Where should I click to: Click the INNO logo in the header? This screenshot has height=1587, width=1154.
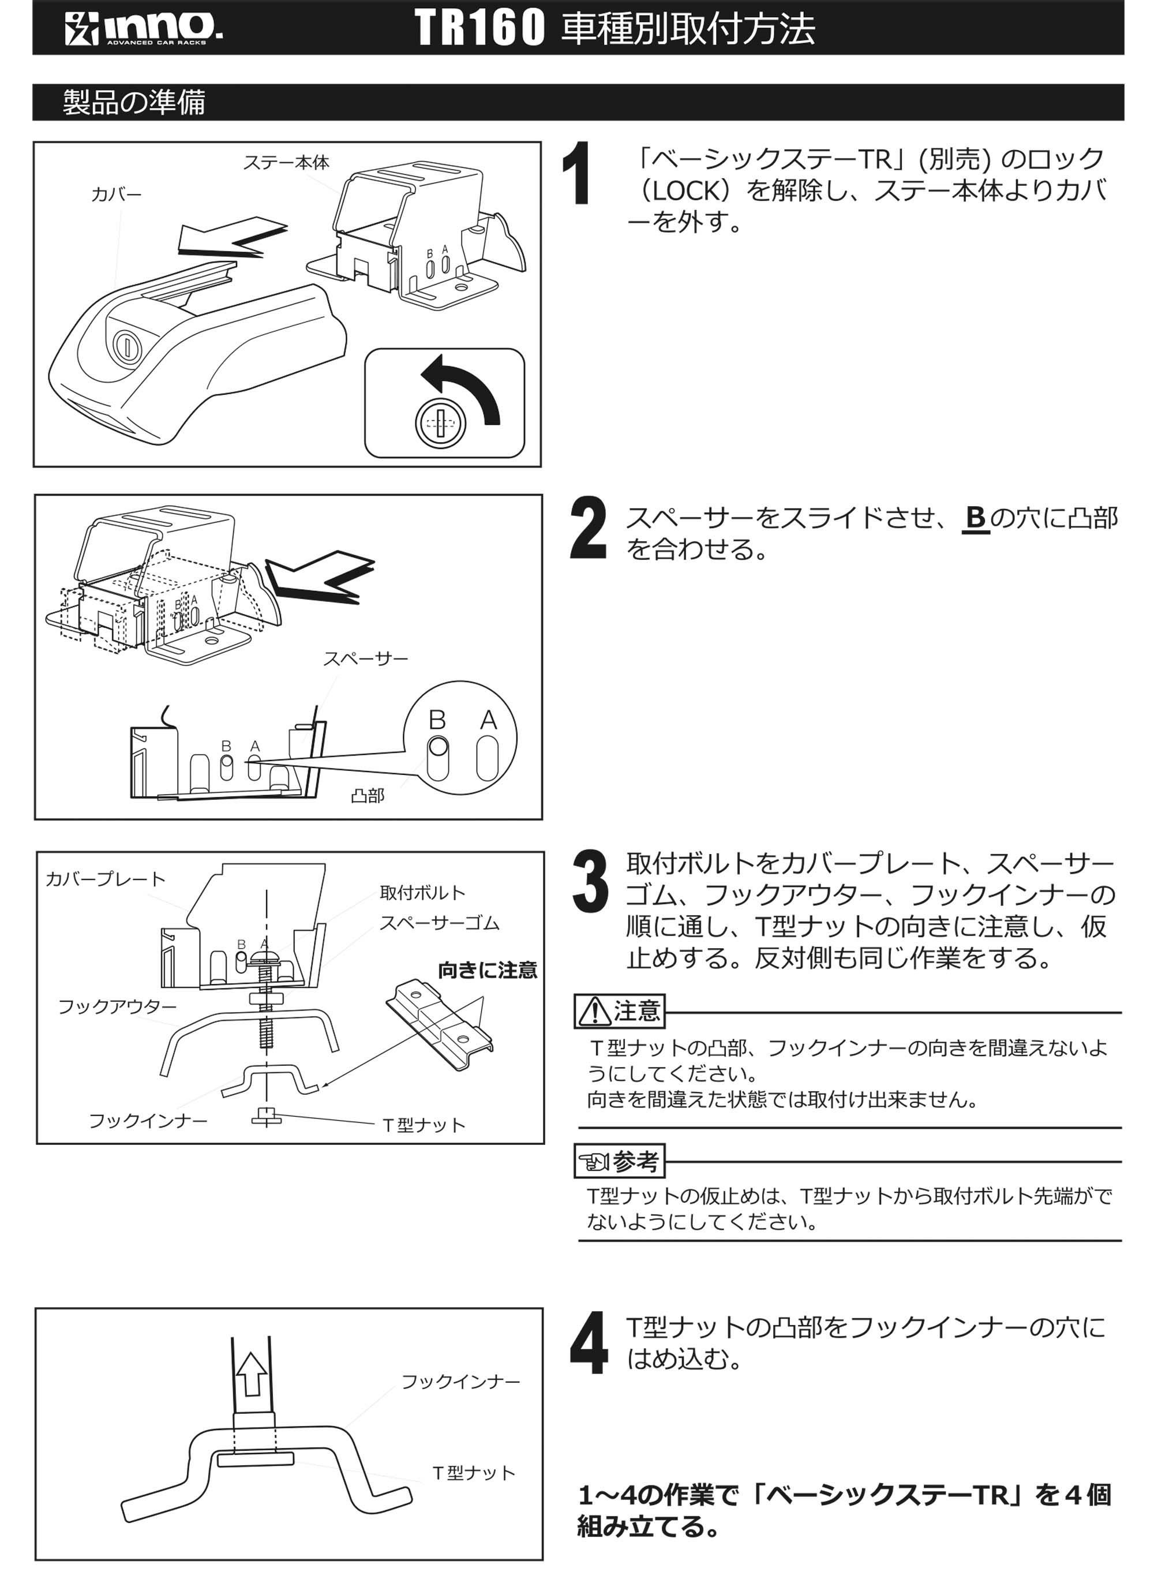point(144,28)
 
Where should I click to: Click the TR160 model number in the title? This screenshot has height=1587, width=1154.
point(479,28)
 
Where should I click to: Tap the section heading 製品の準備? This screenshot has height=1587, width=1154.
point(134,102)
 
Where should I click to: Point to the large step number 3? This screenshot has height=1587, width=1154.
point(589,882)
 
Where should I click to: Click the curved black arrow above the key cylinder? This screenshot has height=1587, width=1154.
point(462,388)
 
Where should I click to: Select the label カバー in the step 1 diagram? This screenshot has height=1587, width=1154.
point(116,194)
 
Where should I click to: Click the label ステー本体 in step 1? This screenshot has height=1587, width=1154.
point(286,162)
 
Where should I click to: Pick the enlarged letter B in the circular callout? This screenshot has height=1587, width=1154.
point(437,719)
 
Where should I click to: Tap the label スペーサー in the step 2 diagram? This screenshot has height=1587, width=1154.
point(365,658)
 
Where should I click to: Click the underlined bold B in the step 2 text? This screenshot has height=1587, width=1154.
point(976,518)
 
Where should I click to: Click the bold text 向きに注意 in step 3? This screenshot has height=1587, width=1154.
point(487,970)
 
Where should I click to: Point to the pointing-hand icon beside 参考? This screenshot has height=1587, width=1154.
point(594,1162)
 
